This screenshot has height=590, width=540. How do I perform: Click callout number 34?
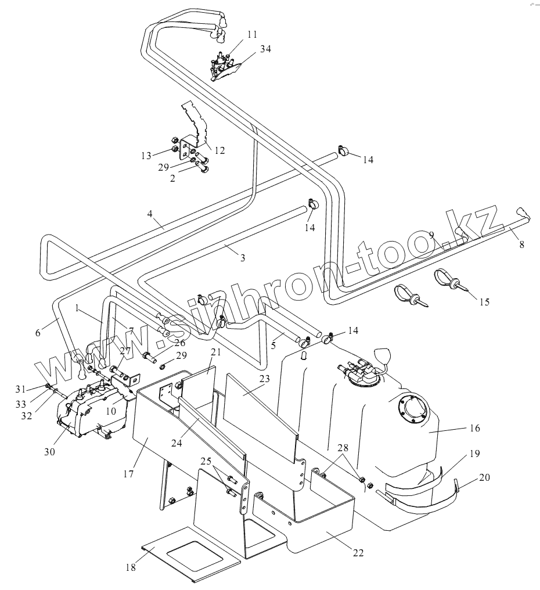point(265,49)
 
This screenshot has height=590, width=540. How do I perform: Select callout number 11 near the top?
point(252,34)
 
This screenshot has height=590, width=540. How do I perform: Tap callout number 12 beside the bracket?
point(219,150)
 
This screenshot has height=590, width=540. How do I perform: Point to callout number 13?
point(146,156)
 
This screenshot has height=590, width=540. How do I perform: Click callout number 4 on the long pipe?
point(150,214)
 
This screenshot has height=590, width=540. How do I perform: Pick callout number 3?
point(243,258)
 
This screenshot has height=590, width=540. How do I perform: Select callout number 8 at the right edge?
point(521,244)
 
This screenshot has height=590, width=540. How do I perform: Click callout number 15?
point(484,302)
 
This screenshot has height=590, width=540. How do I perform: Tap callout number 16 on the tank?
point(475,428)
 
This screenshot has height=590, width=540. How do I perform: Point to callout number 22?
point(358,553)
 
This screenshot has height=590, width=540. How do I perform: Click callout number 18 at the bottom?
point(131,567)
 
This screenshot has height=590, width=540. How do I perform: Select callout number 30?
point(49,452)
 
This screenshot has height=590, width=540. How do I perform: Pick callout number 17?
point(128,474)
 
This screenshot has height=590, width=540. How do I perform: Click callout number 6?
point(38,333)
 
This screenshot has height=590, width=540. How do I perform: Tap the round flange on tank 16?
point(412,408)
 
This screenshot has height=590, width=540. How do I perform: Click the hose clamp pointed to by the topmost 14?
point(343,150)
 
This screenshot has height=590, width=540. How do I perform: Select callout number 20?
point(485,477)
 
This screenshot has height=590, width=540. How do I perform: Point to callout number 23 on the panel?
point(265,379)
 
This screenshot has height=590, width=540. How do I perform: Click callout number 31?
point(21,389)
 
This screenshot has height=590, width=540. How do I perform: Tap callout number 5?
point(273,345)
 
